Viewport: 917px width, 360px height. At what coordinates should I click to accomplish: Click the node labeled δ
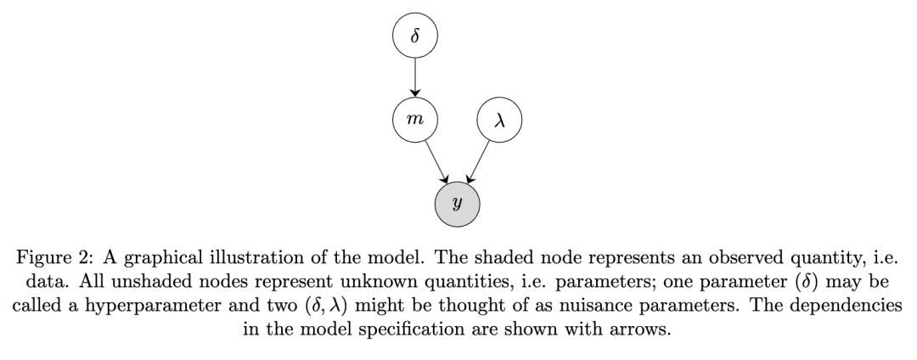(414, 37)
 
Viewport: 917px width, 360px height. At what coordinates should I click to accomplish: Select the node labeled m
(414, 121)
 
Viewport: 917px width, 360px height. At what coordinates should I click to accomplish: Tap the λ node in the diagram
(499, 121)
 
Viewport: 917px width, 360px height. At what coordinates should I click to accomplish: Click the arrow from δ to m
(414, 80)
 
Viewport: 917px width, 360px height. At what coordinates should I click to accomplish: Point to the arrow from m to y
(436, 163)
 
